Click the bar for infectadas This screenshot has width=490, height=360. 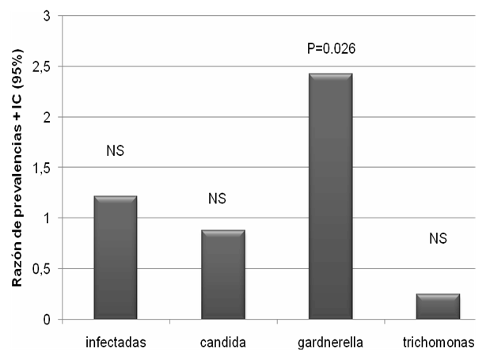(x=116, y=258)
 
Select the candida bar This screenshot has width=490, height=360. (x=224, y=275)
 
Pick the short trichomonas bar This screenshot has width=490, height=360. (x=438, y=306)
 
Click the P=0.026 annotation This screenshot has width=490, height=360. (x=331, y=48)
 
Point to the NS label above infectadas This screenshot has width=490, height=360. (x=116, y=150)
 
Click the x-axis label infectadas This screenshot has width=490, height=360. (x=116, y=343)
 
